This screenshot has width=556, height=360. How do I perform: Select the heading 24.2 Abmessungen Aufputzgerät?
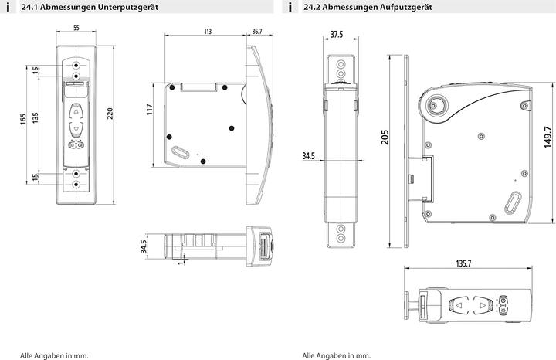361,7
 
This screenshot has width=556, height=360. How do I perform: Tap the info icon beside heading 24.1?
7,7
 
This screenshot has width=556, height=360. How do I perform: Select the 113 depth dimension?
207,32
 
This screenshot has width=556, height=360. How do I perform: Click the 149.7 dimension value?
547,140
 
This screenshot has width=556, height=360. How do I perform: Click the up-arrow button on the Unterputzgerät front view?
76,109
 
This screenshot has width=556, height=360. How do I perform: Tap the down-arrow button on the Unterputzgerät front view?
76,128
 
